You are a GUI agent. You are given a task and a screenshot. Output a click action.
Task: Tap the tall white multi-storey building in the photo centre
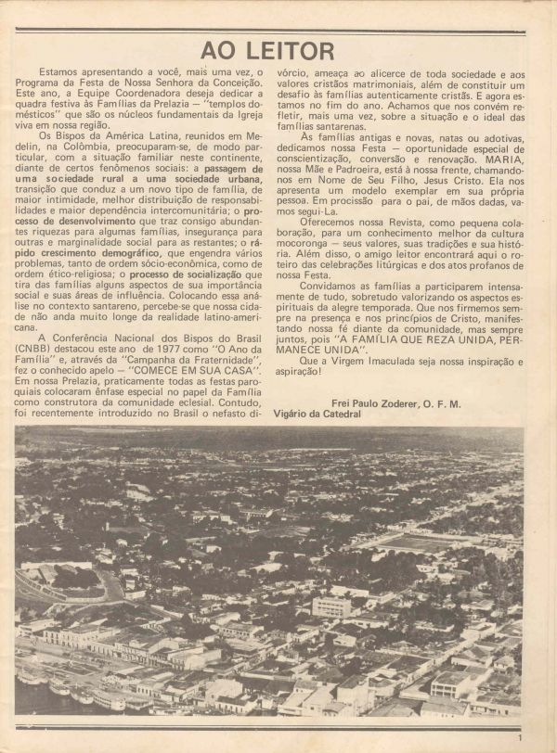[x=330, y=606]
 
